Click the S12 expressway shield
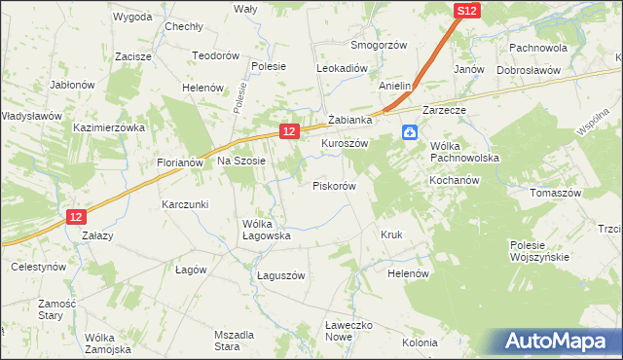(x=466, y=10)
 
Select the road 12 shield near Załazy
(x=78, y=219)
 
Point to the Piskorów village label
(x=334, y=185)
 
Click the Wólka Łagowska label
(x=267, y=229)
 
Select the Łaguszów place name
(x=281, y=275)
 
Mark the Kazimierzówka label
(x=109, y=127)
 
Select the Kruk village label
(x=391, y=234)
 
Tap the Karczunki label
(x=186, y=204)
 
